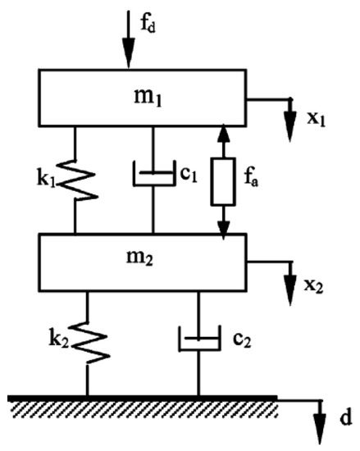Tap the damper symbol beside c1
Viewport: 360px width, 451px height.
(153, 176)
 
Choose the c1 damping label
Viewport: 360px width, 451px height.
(190, 175)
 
